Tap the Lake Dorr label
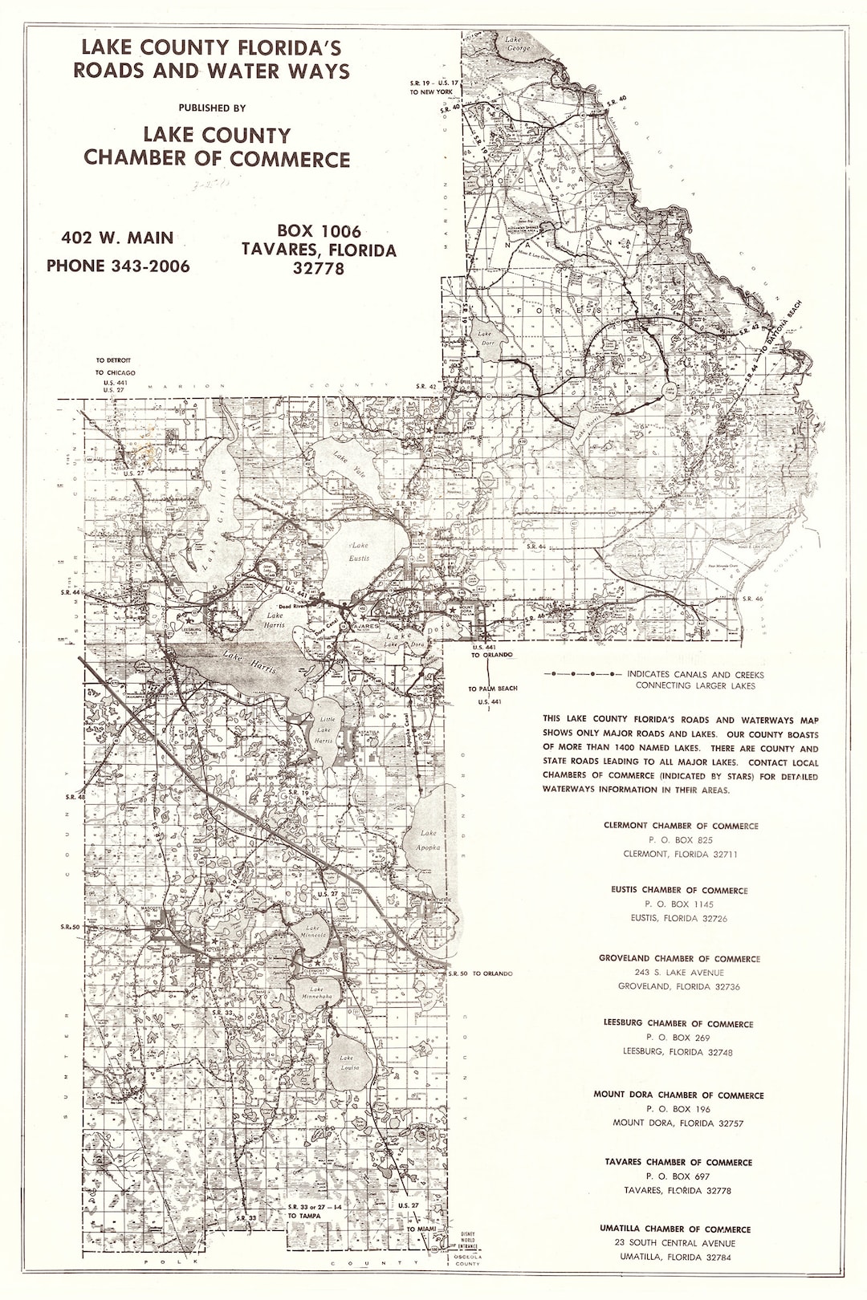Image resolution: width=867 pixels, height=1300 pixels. tap(486, 337)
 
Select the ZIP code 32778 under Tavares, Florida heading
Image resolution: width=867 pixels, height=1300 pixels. tap(319, 269)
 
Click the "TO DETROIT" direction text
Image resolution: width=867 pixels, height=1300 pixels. tap(113, 360)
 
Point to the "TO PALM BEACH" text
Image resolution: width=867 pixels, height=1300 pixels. tap(493, 689)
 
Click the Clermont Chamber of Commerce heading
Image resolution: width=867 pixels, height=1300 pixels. tap(680, 826)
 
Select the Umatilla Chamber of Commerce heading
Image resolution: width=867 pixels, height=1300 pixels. tap(675, 1229)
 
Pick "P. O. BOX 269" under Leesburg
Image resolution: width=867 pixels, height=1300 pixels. tap(679, 1038)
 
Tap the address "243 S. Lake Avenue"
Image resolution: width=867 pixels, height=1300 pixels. tap(679, 973)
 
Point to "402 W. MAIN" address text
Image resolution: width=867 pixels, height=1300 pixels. tap(117, 238)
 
